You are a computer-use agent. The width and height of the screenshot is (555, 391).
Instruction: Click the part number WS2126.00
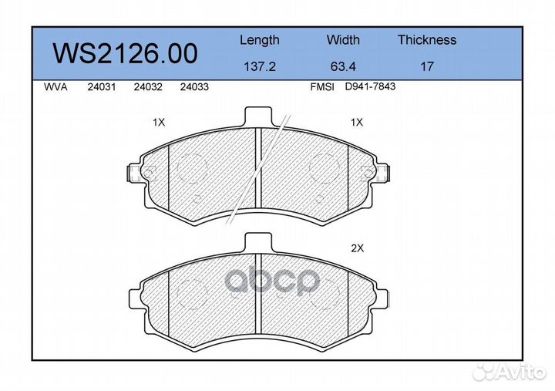tap(125, 53)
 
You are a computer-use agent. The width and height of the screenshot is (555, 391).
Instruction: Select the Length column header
tap(260, 40)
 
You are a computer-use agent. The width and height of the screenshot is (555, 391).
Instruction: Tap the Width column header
tap(343, 39)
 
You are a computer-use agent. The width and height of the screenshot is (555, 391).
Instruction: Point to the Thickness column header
tap(427, 39)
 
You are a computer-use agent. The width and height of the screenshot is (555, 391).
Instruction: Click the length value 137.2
tap(260, 66)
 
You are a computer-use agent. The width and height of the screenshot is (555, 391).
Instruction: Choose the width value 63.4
tap(343, 66)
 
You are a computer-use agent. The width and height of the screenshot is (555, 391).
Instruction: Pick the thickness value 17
tap(427, 66)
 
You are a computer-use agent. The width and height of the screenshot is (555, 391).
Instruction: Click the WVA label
tap(55, 87)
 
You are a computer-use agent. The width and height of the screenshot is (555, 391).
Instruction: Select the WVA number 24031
tap(102, 87)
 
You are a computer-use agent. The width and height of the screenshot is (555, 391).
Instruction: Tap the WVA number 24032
tap(148, 87)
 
